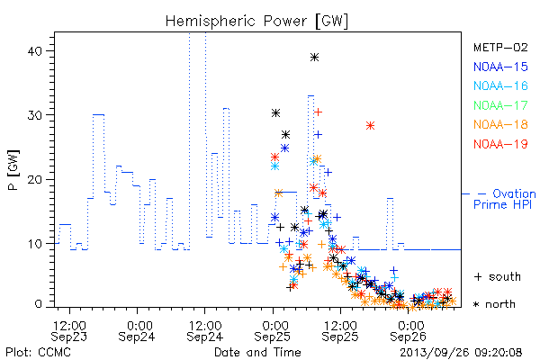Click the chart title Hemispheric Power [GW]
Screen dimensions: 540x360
[x=256, y=22]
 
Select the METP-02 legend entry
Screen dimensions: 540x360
[x=500, y=47]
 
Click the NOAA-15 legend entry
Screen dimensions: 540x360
[x=500, y=67]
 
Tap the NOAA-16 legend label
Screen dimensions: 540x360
[x=500, y=85]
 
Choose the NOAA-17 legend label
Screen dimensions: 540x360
[x=500, y=105]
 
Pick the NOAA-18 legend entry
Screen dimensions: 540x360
[x=500, y=124]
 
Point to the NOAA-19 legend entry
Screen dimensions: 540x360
[x=500, y=144]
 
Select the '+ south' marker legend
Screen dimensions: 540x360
[x=498, y=276]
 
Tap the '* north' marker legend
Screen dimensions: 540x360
[x=494, y=304]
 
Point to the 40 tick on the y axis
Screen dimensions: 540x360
[x=34, y=51]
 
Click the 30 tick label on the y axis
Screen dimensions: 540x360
[x=34, y=115]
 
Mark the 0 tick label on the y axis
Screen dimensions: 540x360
[x=38, y=304]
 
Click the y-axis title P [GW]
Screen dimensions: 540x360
[x=13, y=170]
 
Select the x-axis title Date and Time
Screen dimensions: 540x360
[x=257, y=353]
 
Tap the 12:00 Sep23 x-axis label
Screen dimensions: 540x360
[x=69, y=331]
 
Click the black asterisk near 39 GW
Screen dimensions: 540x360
[x=314, y=57]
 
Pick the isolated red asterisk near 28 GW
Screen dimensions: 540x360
[x=370, y=126]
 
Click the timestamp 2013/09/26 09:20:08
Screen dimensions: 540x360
[x=461, y=353]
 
